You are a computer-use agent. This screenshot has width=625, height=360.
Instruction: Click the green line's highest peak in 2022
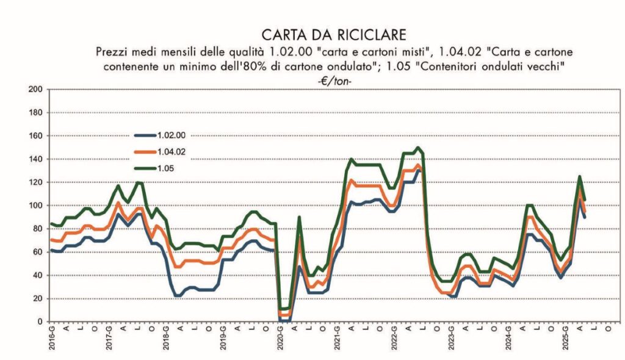(x=417, y=148)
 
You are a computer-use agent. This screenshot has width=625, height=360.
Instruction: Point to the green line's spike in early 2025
(x=579, y=177)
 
